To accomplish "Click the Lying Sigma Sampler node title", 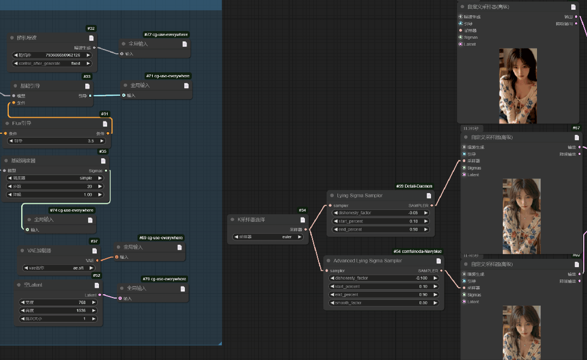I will [360, 195].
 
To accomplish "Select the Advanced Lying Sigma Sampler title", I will [367, 260].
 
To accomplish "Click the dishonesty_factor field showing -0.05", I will [380, 213].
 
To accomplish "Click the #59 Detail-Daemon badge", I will [414, 186].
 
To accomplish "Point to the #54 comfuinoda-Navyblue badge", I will [417, 251].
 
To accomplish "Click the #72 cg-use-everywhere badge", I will [166, 34].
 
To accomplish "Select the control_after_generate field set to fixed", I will [52, 64].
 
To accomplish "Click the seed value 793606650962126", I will [52, 55].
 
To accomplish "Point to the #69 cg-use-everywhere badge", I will [161, 238].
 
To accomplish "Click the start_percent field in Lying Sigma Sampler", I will [380, 221].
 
